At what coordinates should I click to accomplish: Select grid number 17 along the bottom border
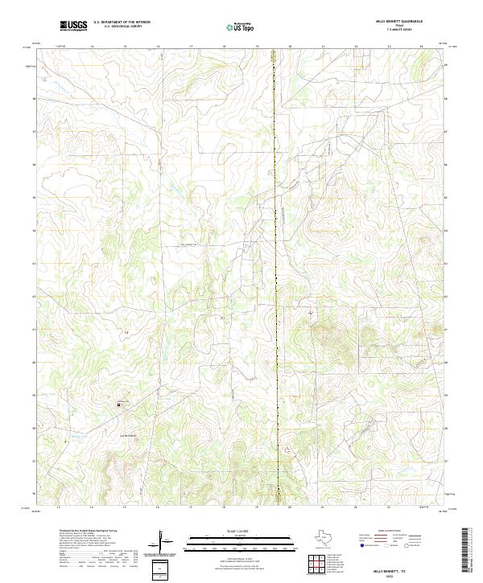(x=191, y=507)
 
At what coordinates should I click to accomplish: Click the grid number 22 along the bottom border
(x=355, y=507)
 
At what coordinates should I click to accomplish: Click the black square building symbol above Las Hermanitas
(x=122, y=404)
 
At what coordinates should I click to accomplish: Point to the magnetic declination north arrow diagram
(x=163, y=543)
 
